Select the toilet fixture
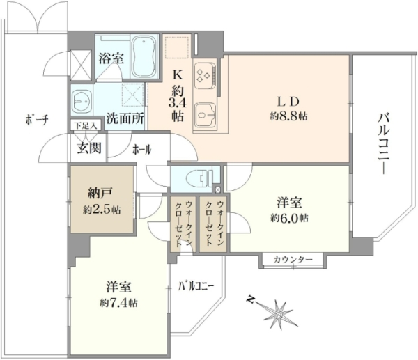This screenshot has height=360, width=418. pyautogui.click(x=199, y=178)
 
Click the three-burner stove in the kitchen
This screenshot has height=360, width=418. pyautogui.click(x=206, y=75)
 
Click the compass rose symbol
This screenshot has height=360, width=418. pyautogui.click(x=279, y=315)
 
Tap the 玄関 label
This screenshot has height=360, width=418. pyautogui.click(x=89, y=148)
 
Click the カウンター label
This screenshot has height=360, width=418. pyautogui.click(x=293, y=259)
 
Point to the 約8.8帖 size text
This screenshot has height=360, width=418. pyautogui.click(x=288, y=116)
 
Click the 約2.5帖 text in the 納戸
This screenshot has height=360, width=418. pyautogui.click(x=102, y=210)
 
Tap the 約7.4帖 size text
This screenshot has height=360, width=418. pyautogui.click(x=119, y=303)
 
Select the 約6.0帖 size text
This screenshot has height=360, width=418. pyautogui.click(x=290, y=218)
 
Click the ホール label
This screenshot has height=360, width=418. pyautogui.click(x=142, y=150)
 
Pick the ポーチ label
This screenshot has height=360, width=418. pyautogui.click(x=37, y=120)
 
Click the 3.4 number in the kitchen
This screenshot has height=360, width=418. pyautogui.click(x=177, y=103)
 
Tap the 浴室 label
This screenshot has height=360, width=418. pyautogui.click(x=111, y=58)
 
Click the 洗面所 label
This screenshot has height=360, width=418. pyautogui.click(x=125, y=118)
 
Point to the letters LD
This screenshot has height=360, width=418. pyautogui.click(x=288, y=102)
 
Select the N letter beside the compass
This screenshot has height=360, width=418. pyautogui.click(x=250, y=299)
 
